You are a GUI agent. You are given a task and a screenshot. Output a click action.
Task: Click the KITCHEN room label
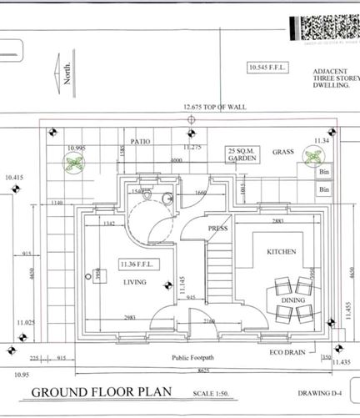tap(281, 251)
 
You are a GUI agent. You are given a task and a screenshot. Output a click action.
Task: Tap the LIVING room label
tap(134, 282)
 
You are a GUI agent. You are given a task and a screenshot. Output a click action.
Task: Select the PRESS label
tap(217, 228)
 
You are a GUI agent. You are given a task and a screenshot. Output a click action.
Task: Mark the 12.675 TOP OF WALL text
tap(214, 108)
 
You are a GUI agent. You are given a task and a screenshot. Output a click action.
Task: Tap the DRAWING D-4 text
tap(320, 392)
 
